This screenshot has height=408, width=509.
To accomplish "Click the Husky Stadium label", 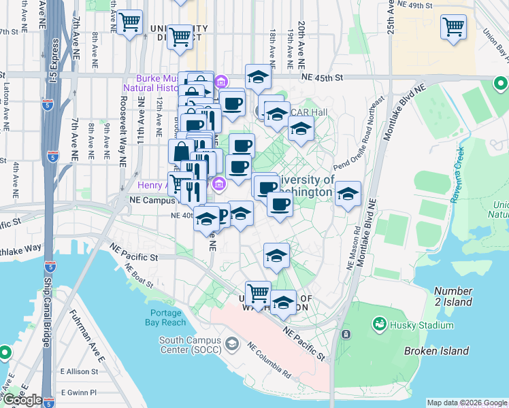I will [422, 326].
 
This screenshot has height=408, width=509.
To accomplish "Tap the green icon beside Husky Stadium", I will [378, 326].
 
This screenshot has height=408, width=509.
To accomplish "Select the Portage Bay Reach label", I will [164, 318].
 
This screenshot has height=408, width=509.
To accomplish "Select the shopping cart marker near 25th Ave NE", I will [453, 27].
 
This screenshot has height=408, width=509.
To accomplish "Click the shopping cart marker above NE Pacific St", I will [258, 293].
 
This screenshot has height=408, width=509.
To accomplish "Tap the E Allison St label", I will [80, 372].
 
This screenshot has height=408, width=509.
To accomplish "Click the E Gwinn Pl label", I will [79, 393].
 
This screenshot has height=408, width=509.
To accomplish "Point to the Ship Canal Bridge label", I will [47, 320].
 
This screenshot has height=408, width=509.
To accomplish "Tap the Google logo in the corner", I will [22, 400].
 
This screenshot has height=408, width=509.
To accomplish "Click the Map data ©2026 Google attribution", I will [466, 403].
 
